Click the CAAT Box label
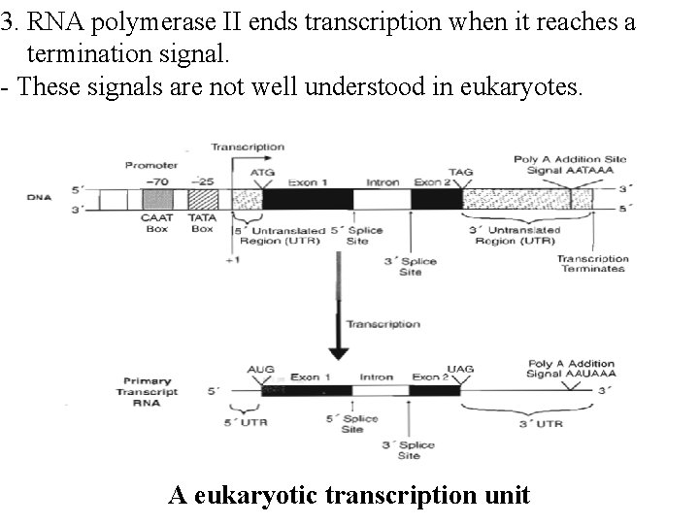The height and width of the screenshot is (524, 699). pyautogui.click(x=157, y=224)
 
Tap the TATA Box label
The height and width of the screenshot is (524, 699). pyautogui.click(x=202, y=224)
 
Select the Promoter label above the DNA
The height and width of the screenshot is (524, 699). pyautogui.click(x=146, y=165)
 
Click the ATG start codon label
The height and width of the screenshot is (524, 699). pyautogui.click(x=262, y=173)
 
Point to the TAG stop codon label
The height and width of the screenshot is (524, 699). pyautogui.click(x=461, y=173)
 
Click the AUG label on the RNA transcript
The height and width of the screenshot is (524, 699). pyautogui.click(x=261, y=370)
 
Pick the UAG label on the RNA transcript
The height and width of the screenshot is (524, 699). pyautogui.click(x=460, y=370)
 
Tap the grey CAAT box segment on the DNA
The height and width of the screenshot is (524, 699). pyautogui.click(x=157, y=199)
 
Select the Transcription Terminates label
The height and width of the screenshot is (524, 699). pyautogui.click(x=592, y=264)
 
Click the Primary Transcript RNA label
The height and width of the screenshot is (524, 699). pyautogui.click(x=150, y=392)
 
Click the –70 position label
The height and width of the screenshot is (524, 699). pyautogui.click(x=155, y=180)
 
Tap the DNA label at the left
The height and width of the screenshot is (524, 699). pyautogui.click(x=40, y=199)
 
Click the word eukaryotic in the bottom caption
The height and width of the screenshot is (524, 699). pyautogui.click(x=260, y=496)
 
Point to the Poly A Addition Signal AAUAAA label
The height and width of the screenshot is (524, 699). pyautogui.click(x=571, y=369)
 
